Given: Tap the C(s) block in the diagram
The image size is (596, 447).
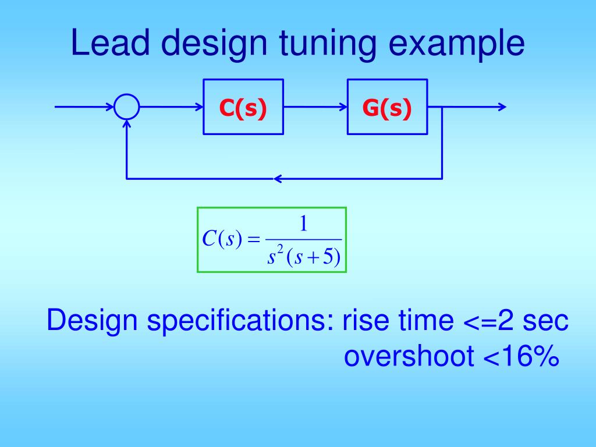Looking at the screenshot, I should (243, 107).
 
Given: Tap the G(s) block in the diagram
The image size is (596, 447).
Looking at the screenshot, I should (387, 107).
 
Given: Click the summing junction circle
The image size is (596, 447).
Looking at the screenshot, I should (127, 107).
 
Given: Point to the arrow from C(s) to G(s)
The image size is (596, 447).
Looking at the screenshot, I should (315, 107).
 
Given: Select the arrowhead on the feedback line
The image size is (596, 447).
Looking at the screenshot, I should (278, 179).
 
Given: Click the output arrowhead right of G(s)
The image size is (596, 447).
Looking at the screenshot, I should (502, 107).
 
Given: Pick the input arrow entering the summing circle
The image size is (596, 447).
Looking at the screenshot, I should (84, 107).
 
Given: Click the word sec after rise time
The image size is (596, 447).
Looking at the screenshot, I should (544, 321).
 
